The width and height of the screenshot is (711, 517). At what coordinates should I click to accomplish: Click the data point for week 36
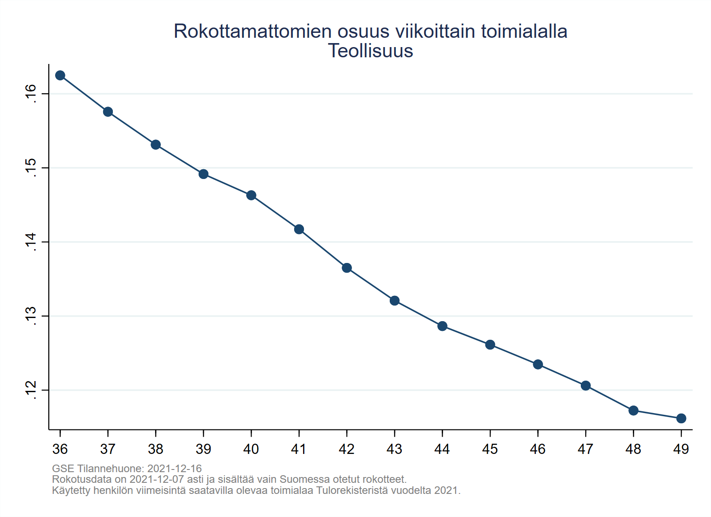click(x=60, y=75)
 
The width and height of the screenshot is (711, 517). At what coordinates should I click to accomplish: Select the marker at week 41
click(x=299, y=229)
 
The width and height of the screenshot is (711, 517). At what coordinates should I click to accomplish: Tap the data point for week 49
click(x=681, y=418)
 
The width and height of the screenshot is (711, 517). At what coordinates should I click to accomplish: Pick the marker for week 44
click(x=442, y=326)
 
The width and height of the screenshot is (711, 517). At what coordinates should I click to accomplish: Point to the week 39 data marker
click(x=204, y=174)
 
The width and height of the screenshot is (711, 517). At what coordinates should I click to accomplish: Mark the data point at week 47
click(x=586, y=386)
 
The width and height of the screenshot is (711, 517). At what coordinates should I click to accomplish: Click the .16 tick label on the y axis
click(x=31, y=93)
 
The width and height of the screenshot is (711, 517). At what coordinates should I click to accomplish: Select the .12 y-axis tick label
click(x=31, y=390)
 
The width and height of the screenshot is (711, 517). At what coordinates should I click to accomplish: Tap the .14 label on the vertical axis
click(x=31, y=242)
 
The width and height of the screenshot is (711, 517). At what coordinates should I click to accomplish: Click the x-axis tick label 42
click(x=347, y=449)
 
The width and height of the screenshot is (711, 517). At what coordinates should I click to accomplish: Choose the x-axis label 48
click(x=633, y=449)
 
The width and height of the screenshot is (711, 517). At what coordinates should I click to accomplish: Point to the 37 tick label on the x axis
click(x=108, y=449)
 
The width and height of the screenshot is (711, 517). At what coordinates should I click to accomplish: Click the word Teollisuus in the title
click(x=371, y=51)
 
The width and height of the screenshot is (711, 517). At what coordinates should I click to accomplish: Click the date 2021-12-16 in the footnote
click(x=174, y=469)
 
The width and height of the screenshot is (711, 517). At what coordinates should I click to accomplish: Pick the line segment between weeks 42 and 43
click(x=371, y=284)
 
